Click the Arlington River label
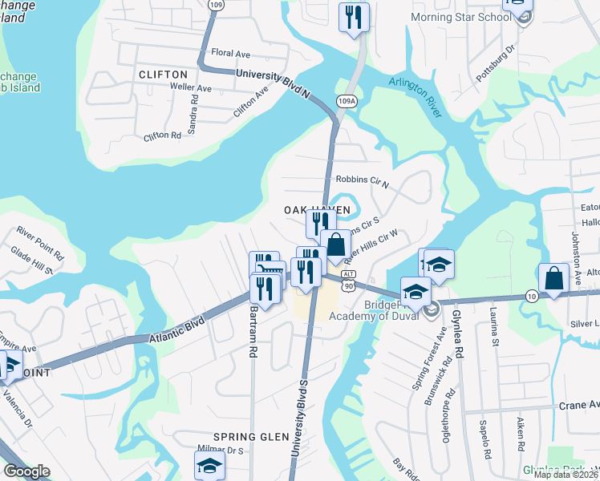[x=416, y=93]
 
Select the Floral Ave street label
[x=231, y=53]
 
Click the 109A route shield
[x=347, y=101]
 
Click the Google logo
[x=27, y=471]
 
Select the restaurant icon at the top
[x=353, y=16]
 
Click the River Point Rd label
[x=40, y=242]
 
